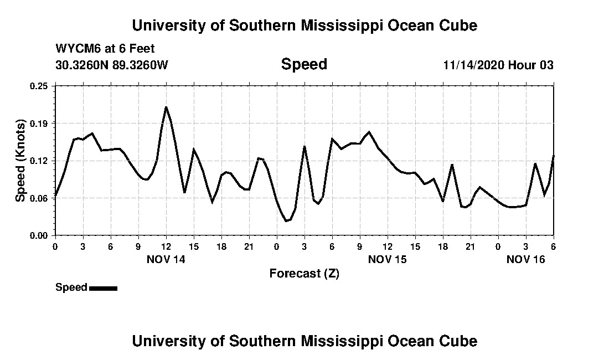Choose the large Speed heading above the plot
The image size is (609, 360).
point(304,64)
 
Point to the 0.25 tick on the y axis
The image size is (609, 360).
point(39,86)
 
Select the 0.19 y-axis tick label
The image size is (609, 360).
point(39,123)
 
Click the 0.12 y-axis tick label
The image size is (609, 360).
point(39,161)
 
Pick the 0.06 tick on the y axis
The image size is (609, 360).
point(39,198)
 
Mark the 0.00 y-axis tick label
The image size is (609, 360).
point(39,235)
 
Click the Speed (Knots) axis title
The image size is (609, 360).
point(20,160)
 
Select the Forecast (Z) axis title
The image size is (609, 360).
point(304,273)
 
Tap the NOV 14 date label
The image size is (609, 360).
point(166,259)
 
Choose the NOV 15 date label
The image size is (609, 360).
point(388,259)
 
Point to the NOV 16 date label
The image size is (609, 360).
point(526,259)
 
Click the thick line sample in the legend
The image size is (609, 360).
point(103,288)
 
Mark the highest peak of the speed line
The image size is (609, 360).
point(166,107)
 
